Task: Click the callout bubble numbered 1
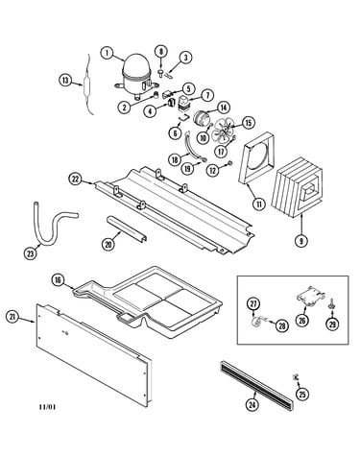[x=108, y=53]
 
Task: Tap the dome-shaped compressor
[x=136, y=76]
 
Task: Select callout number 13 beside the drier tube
[x=65, y=80]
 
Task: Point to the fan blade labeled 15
[x=223, y=131]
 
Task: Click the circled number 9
[x=300, y=241]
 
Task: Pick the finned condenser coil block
[x=297, y=188]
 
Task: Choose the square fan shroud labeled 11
[x=256, y=157]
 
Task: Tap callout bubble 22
[x=75, y=180]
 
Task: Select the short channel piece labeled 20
[x=127, y=228]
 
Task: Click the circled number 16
[x=58, y=280]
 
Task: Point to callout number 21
[x=12, y=317]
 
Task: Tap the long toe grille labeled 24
[x=256, y=386]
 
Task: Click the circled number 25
[x=302, y=394]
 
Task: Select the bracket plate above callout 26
[x=310, y=295]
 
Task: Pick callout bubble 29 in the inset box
[x=333, y=324]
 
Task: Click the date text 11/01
[x=47, y=407]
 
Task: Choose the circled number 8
[x=161, y=52]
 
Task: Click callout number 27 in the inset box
[x=253, y=303]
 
